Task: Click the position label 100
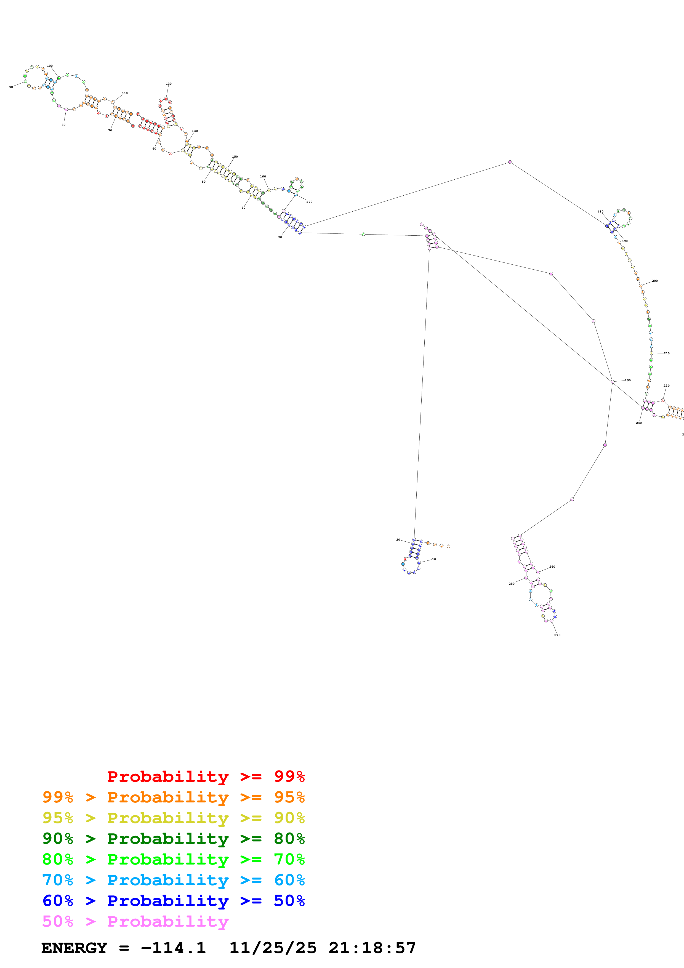pos(50,66)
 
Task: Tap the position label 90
pos(11,87)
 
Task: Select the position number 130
pos(169,84)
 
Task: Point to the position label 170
pos(309,202)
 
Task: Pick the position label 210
pos(666,353)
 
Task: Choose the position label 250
pos(627,380)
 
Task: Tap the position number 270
pos(557,635)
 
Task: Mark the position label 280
pos(511,584)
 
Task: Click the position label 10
pos(434,559)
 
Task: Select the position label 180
pos(600,212)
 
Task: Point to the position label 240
pos(638,423)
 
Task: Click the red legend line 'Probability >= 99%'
pos(206,776)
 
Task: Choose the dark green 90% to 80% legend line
pos(173,839)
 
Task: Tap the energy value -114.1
pos(173,948)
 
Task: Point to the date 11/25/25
pos(273,948)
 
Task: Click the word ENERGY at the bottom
pos(74,948)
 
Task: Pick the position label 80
pos(63,125)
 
